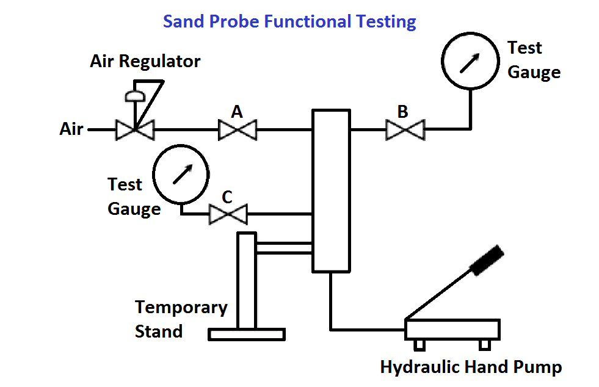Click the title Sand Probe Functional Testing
289,22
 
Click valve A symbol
238,129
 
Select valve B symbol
405,129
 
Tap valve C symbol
228,214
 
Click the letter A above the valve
237,112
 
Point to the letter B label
402,112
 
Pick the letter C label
227,197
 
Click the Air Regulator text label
145,62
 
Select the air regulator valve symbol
136,129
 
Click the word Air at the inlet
71,129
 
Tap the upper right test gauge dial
469,62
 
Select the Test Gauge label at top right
534,60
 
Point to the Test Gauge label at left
133,197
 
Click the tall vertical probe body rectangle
331,190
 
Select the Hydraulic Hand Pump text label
471,367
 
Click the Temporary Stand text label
180,319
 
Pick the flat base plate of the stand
247,334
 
